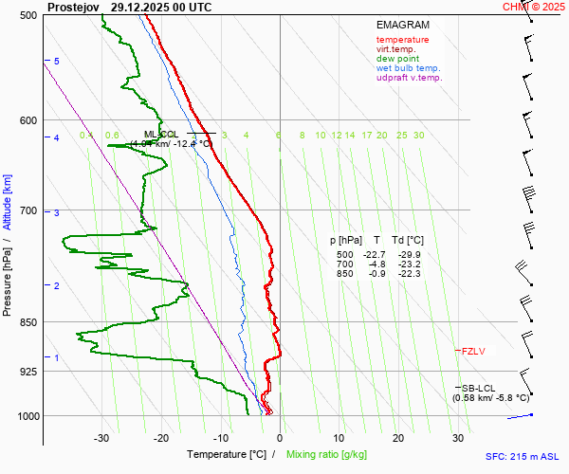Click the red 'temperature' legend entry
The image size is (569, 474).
point(402,40)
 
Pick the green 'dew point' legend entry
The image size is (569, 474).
point(397,59)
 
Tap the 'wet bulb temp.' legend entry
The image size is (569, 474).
point(408,68)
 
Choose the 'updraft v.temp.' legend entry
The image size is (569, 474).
point(409,78)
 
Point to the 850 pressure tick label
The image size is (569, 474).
point(28,323)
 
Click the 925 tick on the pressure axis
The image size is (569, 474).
point(28,372)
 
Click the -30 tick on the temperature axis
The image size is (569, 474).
point(101,438)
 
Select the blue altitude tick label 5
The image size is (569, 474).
point(57,62)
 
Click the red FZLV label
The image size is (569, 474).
point(472,352)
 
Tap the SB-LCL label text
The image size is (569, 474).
point(478,388)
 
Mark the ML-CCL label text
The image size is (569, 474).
point(161,135)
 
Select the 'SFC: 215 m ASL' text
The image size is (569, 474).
point(523,457)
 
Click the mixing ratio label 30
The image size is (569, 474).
point(418,136)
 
